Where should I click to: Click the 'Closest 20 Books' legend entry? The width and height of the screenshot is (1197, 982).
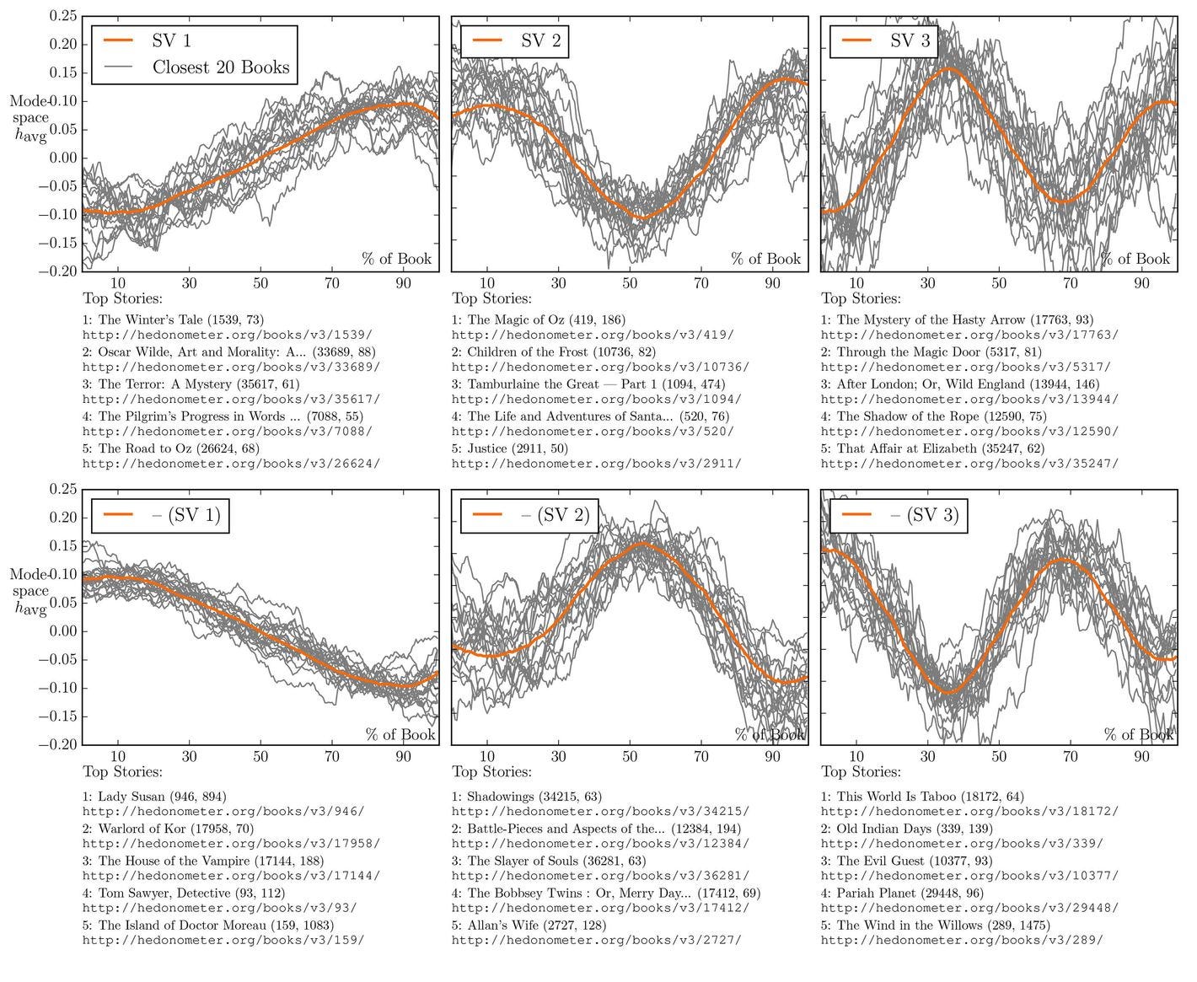click(x=220, y=68)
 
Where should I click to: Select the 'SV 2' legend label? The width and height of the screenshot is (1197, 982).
click(x=540, y=40)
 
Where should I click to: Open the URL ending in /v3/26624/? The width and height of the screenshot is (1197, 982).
click(x=230, y=464)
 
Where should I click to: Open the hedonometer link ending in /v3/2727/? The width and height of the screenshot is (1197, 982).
click(x=596, y=940)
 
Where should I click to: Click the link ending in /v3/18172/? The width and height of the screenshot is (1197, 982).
click(x=969, y=812)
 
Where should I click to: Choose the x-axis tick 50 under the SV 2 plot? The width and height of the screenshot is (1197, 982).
click(x=630, y=283)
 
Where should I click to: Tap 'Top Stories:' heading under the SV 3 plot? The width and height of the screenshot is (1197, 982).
click(x=861, y=298)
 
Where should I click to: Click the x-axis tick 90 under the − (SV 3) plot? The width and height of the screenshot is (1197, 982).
click(x=1141, y=757)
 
